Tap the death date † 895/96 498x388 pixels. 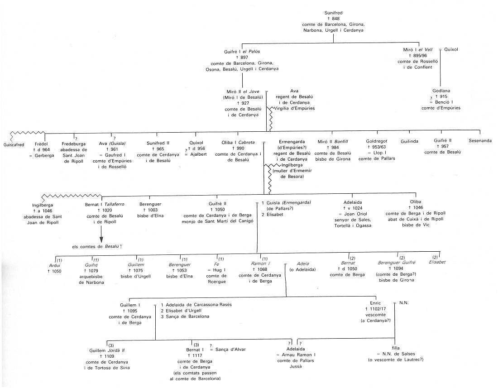[415, 55]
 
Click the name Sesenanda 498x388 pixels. [480, 141]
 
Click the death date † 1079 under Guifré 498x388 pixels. [91, 271]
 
